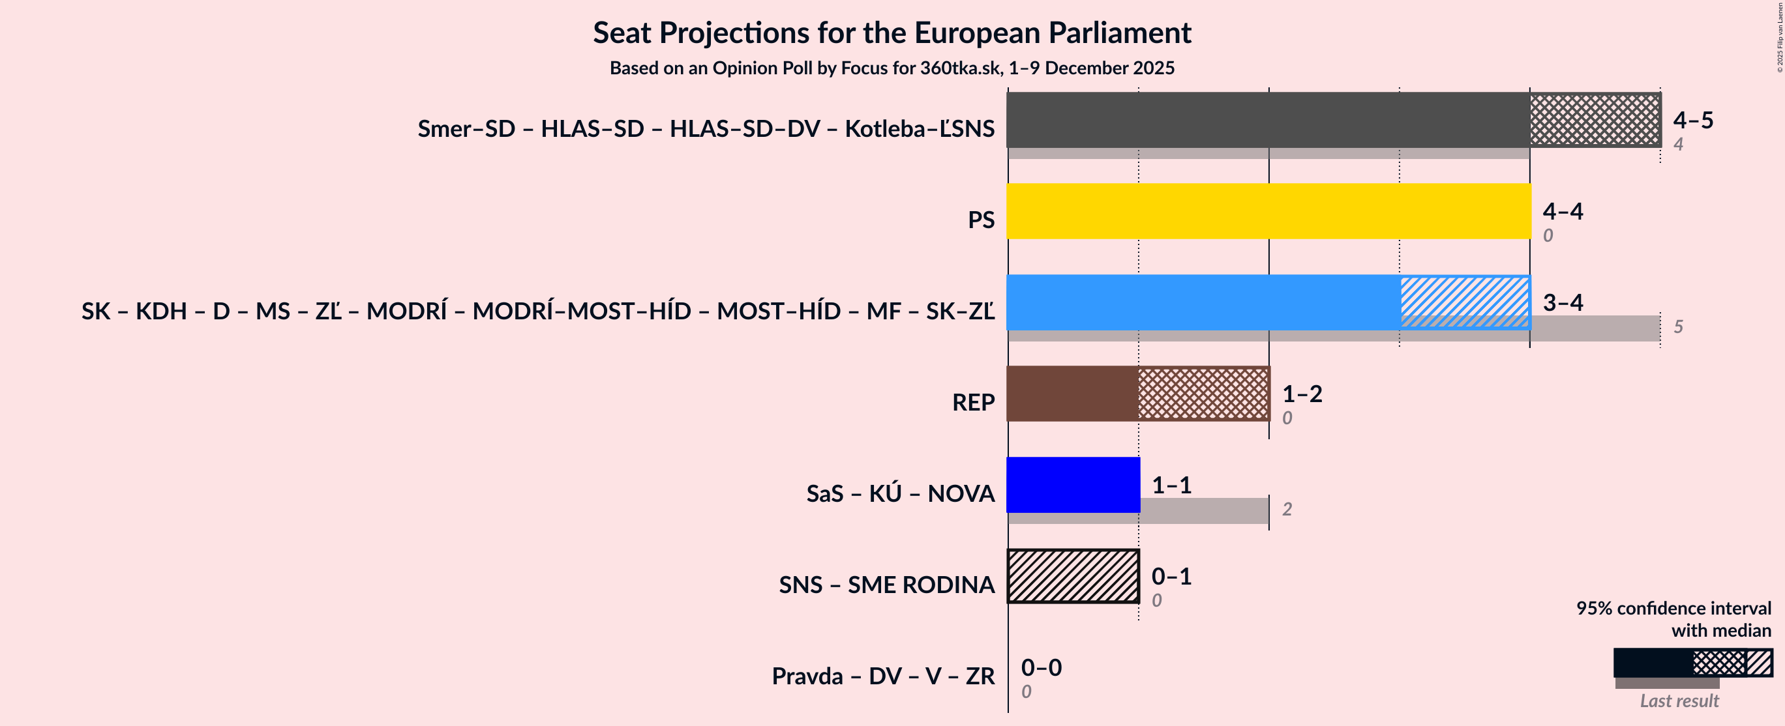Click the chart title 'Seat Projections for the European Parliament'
point(892,33)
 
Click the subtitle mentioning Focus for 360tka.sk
point(892,68)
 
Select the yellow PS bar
point(1268,211)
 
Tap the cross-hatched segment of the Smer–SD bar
point(1595,120)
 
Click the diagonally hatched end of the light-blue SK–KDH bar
point(1464,302)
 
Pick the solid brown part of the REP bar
point(1072,394)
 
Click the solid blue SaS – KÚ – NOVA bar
point(1073,485)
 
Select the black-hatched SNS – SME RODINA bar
point(1073,575)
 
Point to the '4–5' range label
point(1692,120)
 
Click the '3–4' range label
point(1563,302)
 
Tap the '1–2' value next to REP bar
point(1302,394)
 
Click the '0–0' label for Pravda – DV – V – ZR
point(1041,667)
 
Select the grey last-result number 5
point(1677,327)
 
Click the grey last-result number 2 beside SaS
point(1287,509)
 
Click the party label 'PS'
point(980,220)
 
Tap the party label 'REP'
point(973,403)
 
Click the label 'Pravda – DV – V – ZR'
point(883,676)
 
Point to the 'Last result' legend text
point(1678,701)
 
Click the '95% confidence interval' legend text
point(1673,608)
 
